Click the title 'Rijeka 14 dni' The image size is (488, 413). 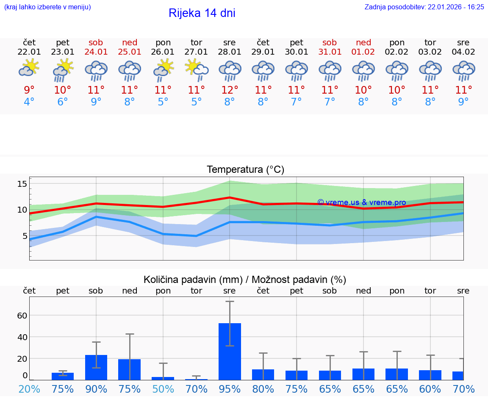[202, 13]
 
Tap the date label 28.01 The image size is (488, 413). [230, 52]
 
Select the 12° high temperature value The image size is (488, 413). [230, 90]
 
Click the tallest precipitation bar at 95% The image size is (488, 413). [230, 351]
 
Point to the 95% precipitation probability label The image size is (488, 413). [230, 389]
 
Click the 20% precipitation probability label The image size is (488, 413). [29, 389]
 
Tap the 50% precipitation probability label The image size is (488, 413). [163, 389]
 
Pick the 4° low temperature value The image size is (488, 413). [29, 102]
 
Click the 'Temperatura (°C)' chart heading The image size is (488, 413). [245, 170]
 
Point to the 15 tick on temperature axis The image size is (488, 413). [22, 183]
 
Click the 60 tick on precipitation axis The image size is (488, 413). [22, 315]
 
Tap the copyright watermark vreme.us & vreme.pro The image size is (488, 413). [361, 202]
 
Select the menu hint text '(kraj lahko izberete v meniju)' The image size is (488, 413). [47, 7]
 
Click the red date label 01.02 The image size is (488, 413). [363, 52]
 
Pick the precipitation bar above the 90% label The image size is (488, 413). [96, 367]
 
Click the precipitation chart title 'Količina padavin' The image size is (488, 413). [245, 280]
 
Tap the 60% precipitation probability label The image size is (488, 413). [430, 389]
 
